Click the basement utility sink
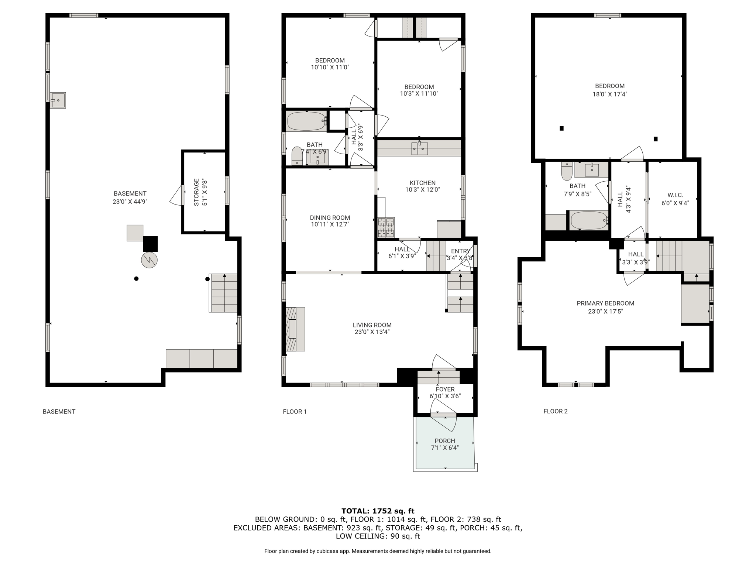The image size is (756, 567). [58, 100]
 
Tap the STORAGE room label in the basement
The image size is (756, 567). [196, 192]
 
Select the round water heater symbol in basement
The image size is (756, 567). [149, 260]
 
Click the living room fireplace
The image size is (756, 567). [295, 329]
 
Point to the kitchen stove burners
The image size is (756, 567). [386, 227]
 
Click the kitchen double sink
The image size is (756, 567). [420, 148]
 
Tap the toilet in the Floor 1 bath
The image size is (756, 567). [297, 156]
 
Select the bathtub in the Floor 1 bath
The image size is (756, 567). [306, 121]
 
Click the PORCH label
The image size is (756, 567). [445, 441]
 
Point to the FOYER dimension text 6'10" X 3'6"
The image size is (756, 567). [445, 396]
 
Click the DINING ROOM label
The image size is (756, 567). [330, 218]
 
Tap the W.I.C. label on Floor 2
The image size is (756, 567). [675, 195]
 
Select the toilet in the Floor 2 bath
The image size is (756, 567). [567, 171]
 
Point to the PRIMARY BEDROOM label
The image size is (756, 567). [605, 303]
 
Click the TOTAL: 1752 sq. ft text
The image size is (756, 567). [378, 511]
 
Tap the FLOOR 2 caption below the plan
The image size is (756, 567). [556, 411]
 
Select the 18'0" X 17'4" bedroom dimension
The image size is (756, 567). [610, 94]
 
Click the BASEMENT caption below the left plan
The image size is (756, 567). [59, 412]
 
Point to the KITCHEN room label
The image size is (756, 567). [423, 183]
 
